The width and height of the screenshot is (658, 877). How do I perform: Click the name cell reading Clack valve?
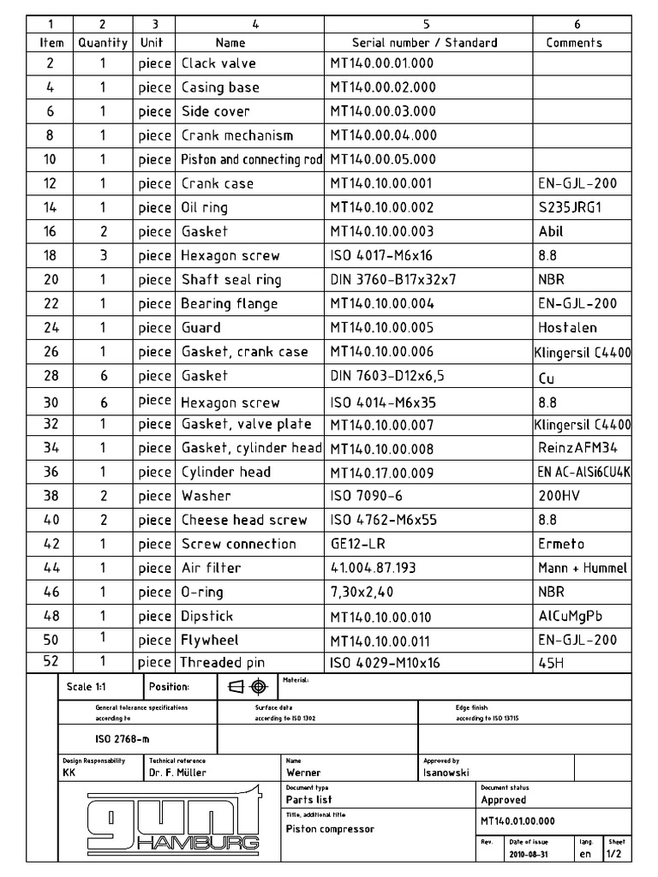pos(218,63)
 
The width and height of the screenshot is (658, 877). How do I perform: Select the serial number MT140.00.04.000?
pos(382,135)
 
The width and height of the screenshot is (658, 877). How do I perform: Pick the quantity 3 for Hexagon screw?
pos(102,255)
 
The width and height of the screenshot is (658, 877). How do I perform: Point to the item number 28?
pos(50,375)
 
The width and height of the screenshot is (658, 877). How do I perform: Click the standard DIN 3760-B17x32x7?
pos(392,279)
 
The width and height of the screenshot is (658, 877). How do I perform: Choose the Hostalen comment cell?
pos(567,327)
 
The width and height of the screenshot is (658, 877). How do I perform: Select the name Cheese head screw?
pos(243,520)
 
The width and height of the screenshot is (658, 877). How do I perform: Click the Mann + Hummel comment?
pos(583,568)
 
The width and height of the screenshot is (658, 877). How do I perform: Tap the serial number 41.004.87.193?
pos(373,568)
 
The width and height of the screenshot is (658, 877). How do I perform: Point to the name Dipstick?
pos(206,616)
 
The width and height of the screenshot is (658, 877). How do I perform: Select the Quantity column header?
pos(102,42)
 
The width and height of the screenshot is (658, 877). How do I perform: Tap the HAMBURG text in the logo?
pos(197,844)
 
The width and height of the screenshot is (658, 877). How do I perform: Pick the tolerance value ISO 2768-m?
pos(114,739)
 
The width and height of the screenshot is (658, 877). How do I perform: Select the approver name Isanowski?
pos(446,773)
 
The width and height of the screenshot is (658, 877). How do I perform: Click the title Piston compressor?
pos(330,829)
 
